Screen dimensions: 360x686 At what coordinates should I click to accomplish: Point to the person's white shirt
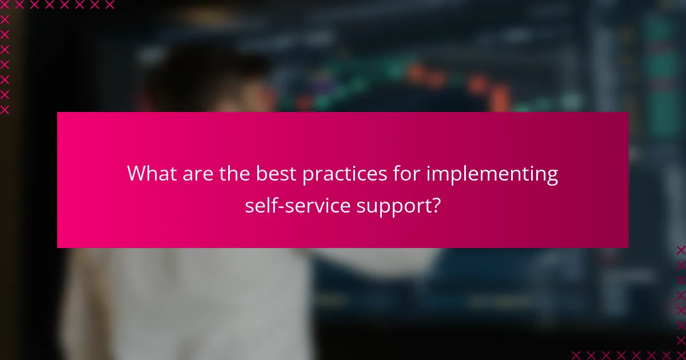189,303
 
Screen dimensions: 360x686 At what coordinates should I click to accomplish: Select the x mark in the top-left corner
5,5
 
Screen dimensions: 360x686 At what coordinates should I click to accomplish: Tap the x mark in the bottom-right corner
680,354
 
